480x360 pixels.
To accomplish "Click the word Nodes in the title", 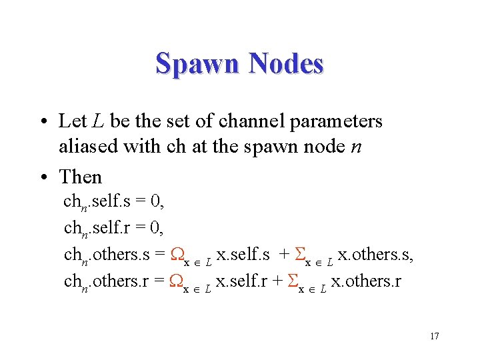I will (x=286, y=64).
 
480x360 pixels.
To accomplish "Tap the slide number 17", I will (x=434, y=336).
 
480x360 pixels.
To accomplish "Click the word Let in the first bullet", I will (x=72, y=121).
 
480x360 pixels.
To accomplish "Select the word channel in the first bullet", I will (x=245, y=121).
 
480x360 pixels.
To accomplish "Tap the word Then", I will (x=81, y=177).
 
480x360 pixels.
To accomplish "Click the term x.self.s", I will (x=243, y=255).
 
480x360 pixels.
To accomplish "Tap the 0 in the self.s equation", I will (x=155, y=202).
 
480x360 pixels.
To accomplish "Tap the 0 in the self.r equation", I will (x=155, y=229).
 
